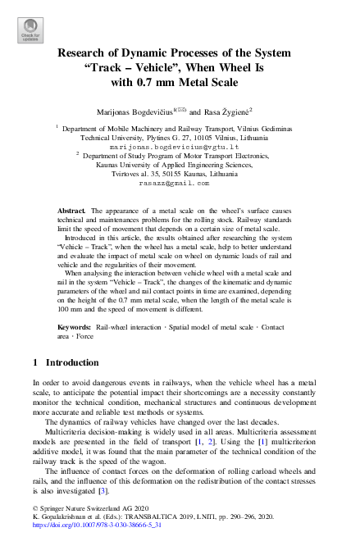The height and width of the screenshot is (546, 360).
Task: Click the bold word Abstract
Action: click(72, 211)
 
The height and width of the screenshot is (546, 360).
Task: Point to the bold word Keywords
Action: click(75, 326)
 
